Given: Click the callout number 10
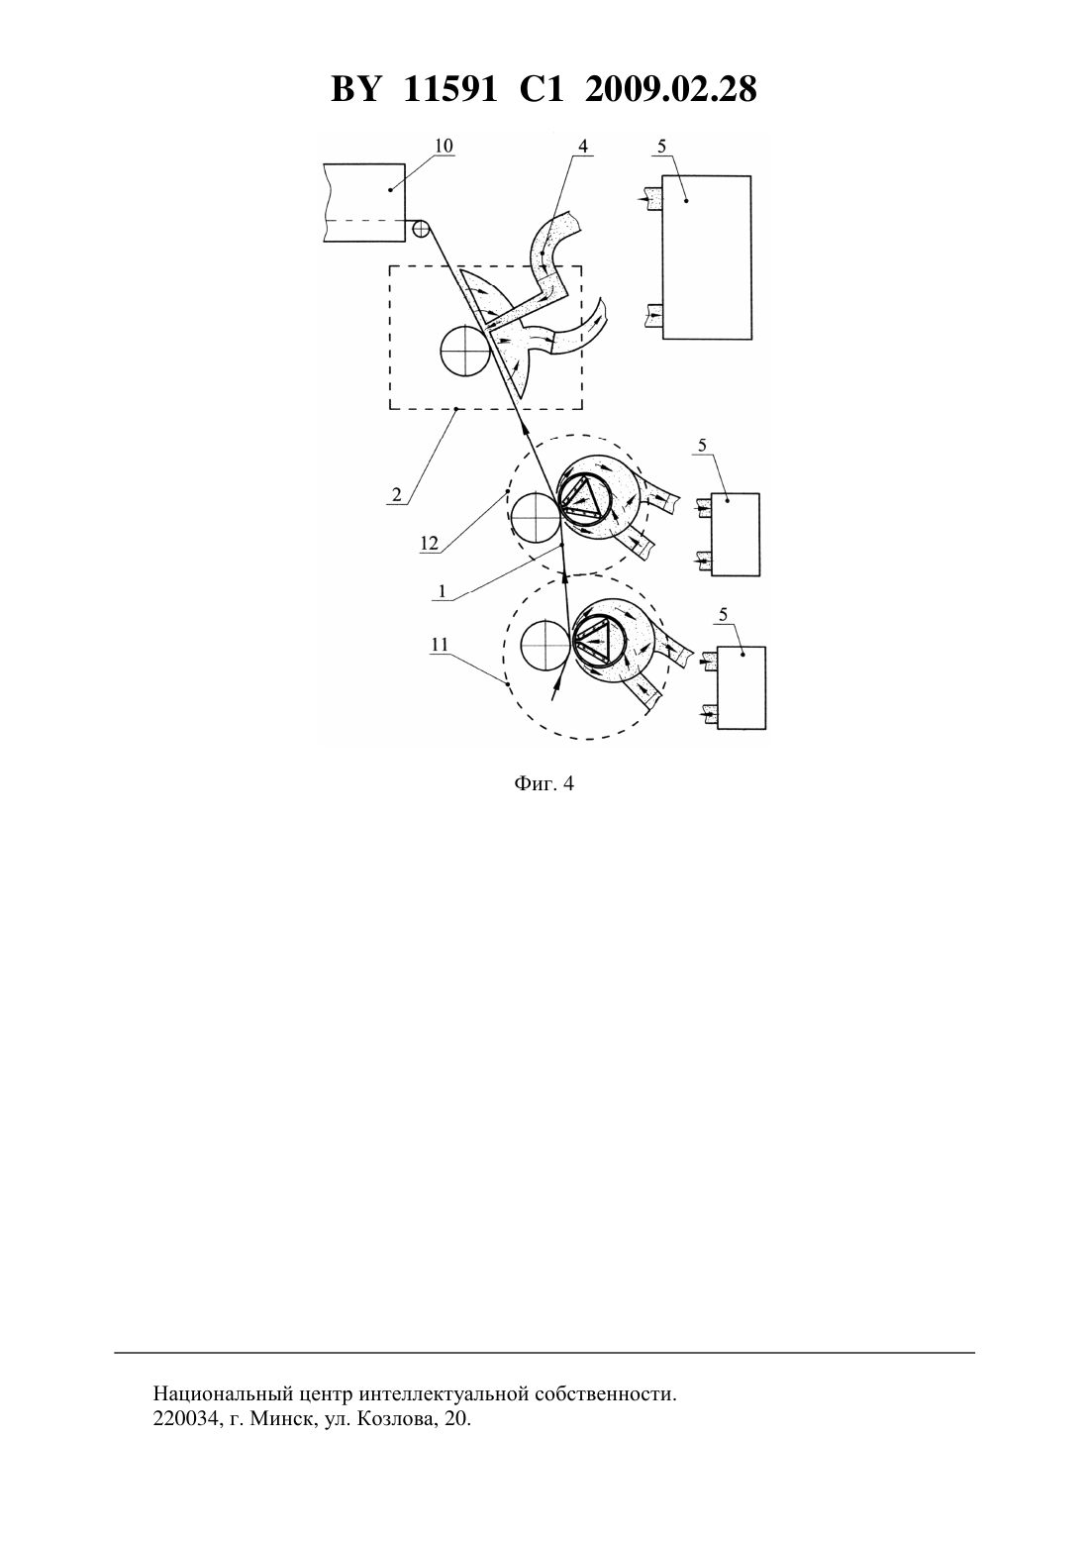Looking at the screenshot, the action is coord(444,146).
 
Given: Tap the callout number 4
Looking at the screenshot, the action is coord(583,146).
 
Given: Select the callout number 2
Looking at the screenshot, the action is coord(396,494).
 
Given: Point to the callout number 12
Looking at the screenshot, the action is coord(429,543).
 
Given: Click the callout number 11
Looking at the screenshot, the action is coord(440,644).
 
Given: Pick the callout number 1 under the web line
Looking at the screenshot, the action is coord(443,591).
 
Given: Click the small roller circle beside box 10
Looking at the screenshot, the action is coord(421,229).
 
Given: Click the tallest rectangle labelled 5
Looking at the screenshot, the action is coord(706,257).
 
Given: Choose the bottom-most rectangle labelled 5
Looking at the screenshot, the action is coord(742,688).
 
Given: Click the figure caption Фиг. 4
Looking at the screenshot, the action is coord(544,783).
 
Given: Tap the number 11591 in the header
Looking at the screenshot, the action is coord(450,89).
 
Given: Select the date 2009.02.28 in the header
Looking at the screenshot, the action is coord(671,89).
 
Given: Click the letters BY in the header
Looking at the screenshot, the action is coord(355,89).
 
